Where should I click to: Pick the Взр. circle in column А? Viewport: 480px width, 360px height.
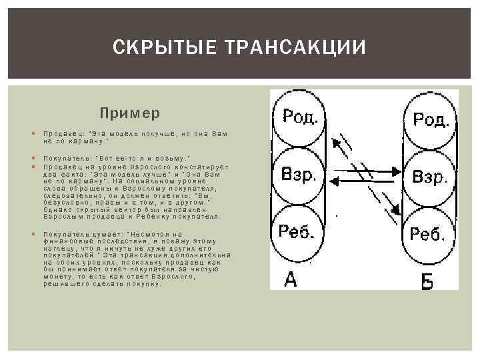coord(299,175)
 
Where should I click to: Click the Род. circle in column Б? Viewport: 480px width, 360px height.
coord(430,119)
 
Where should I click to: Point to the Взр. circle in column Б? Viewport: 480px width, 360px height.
coord(430,177)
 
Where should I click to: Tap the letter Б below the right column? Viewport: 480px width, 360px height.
coord(427,281)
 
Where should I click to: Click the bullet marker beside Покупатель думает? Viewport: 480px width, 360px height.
coord(33,234)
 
